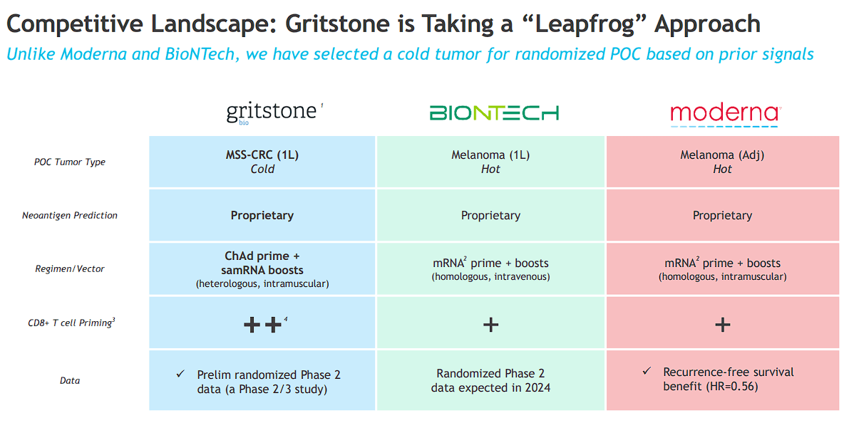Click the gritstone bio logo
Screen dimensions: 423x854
pyautogui.click(x=272, y=113)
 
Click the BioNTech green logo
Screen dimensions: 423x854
pyautogui.click(x=493, y=113)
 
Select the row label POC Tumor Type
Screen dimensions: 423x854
pyautogui.click(x=70, y=162)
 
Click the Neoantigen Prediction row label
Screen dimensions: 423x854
pyautogui.click(x=70, y=215)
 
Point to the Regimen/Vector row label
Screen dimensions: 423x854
pyautogui.click(x=70, y=268)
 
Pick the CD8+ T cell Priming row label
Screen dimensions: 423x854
pyautogui.click(x=70, y=323)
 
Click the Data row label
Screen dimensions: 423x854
pyautogui.click(x=70, y=380)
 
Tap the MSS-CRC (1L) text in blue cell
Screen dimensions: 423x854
pyautogui.click(x=262, y=155)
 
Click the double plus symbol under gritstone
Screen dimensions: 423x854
pyautogui.click(x=262, y=325)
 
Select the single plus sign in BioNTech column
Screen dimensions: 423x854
pyautogui.click(x=490, y=325)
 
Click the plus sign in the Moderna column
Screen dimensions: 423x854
pyautogui.click(x=722, y=325)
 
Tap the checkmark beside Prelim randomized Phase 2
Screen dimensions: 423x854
pyautogui.click(x=180, y=373)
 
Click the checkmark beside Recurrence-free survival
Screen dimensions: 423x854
pyautogui.click(x=647, y=371)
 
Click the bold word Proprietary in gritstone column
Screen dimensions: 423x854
pyautogui.click(x=262, y=215)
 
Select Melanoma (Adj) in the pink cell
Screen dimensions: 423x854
pyautogui.click(x=722, y=155)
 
